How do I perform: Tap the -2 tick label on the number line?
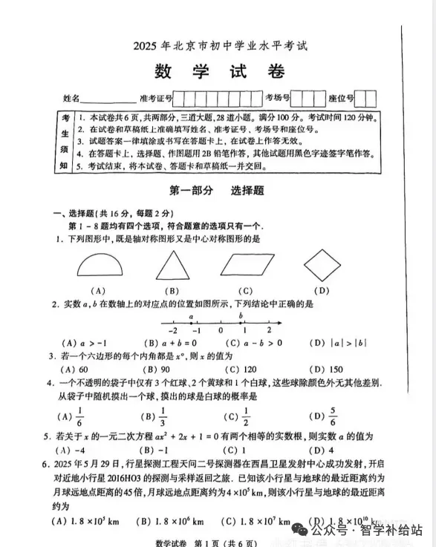coord(172,330)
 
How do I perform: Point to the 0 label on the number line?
coord(221,330)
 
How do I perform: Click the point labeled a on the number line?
coord(191,321)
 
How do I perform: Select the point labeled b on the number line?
coord(241,321)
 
